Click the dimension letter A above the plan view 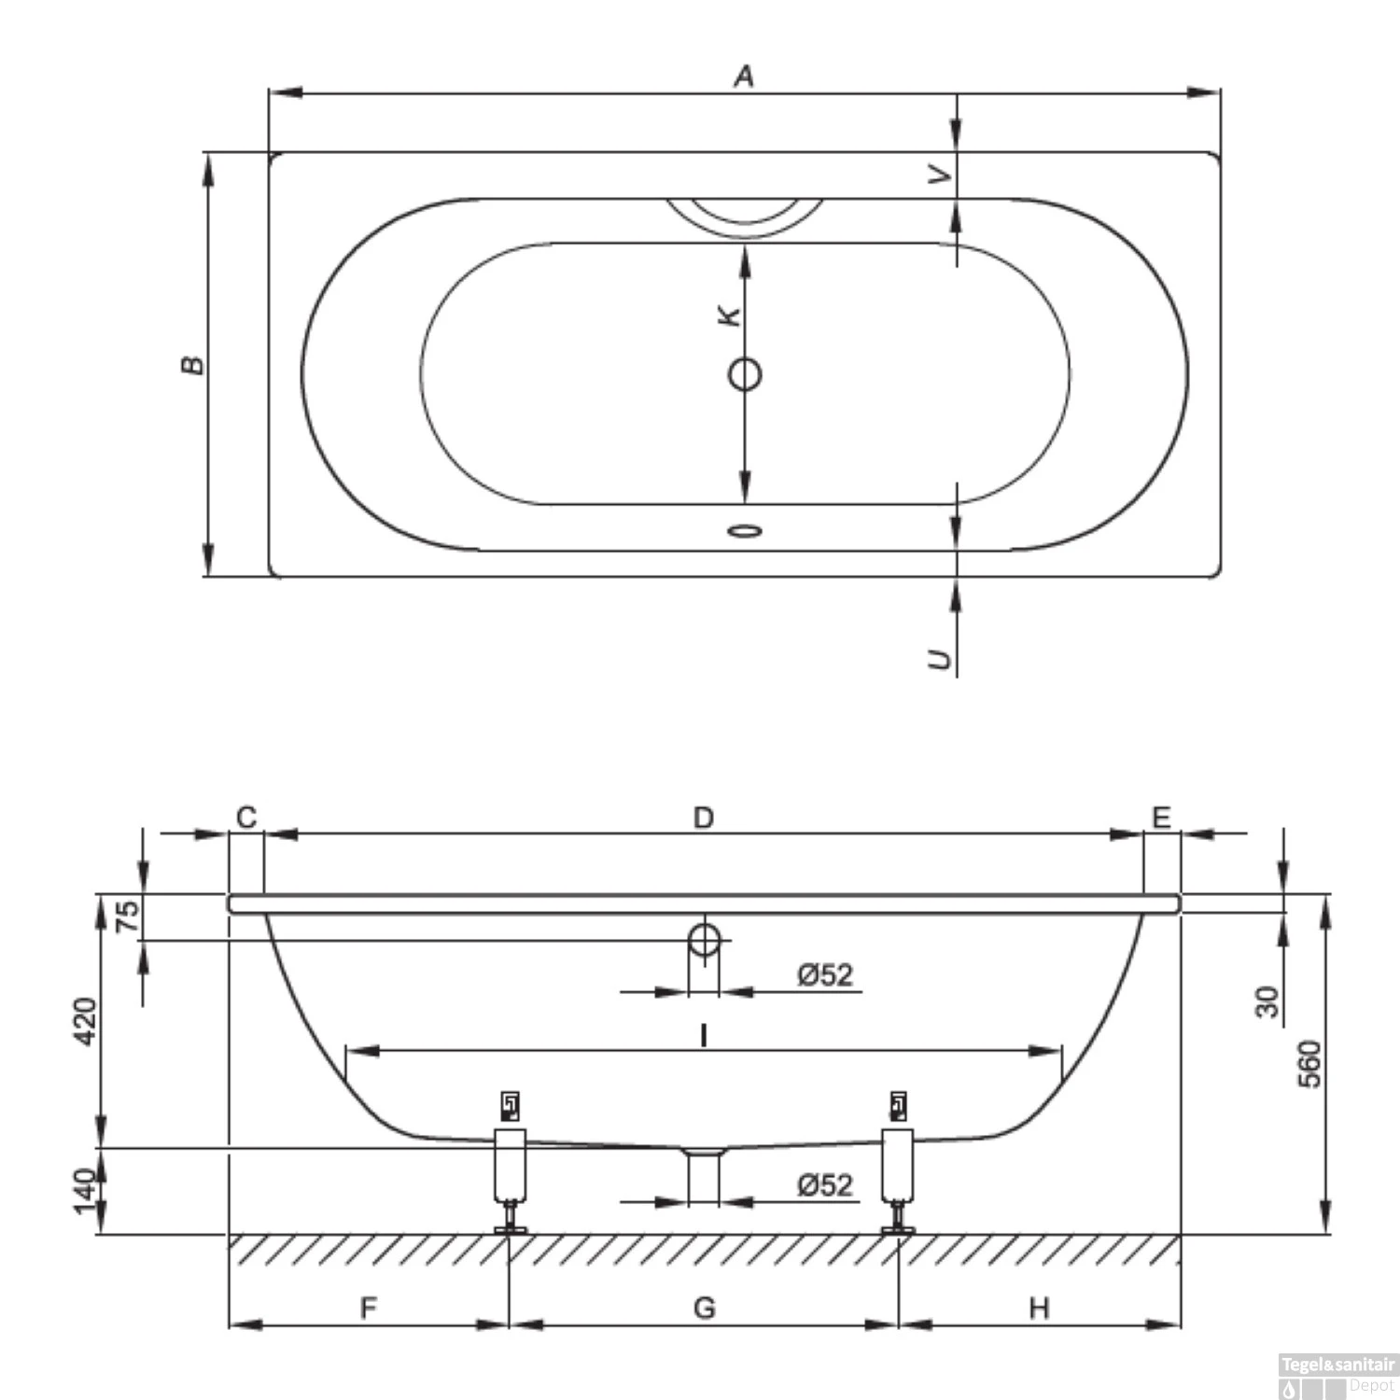coord(743,76)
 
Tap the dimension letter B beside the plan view coord(192,364)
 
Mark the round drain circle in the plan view coord(745,374)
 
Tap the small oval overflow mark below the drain coord(745,530)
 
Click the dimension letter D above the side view coord(704,818)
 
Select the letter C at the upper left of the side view coord(246,818)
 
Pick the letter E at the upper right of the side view coord(1160,818)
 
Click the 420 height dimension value coord(86,1021)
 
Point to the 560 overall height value coord(1310,1063)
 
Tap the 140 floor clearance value coord(86,1191)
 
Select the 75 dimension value coord(128,916)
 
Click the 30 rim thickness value coord(1267,1001)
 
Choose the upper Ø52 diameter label coord(825,975)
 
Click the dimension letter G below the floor coord(705,1308)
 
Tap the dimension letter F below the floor coord(369,1308)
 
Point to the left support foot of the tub coord(510,1181)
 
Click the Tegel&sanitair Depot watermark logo coord(1337,1376)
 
